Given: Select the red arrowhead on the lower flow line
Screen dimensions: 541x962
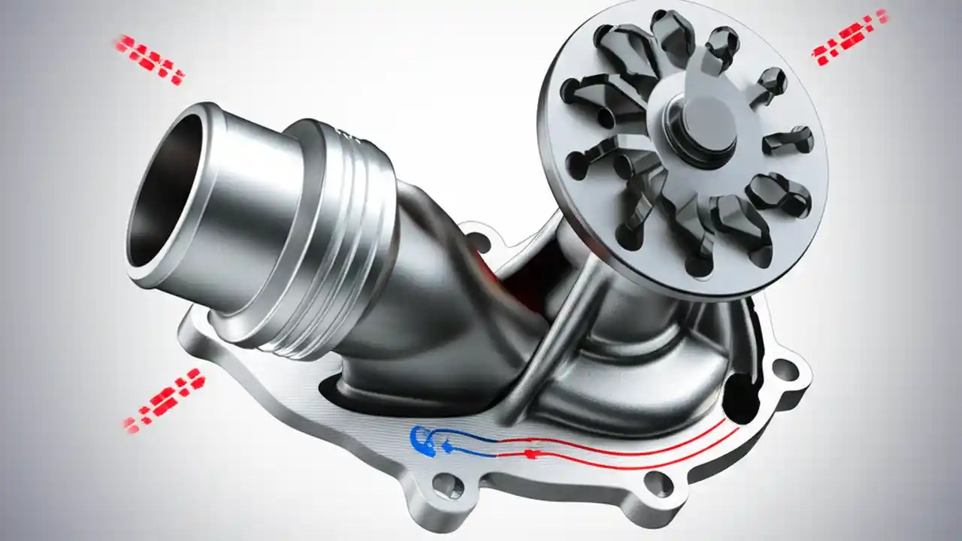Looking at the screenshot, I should [531, 454].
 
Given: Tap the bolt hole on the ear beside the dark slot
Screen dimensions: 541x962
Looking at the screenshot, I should [784, 369].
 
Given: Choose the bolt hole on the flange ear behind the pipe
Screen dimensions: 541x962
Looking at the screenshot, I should [474, 241].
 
